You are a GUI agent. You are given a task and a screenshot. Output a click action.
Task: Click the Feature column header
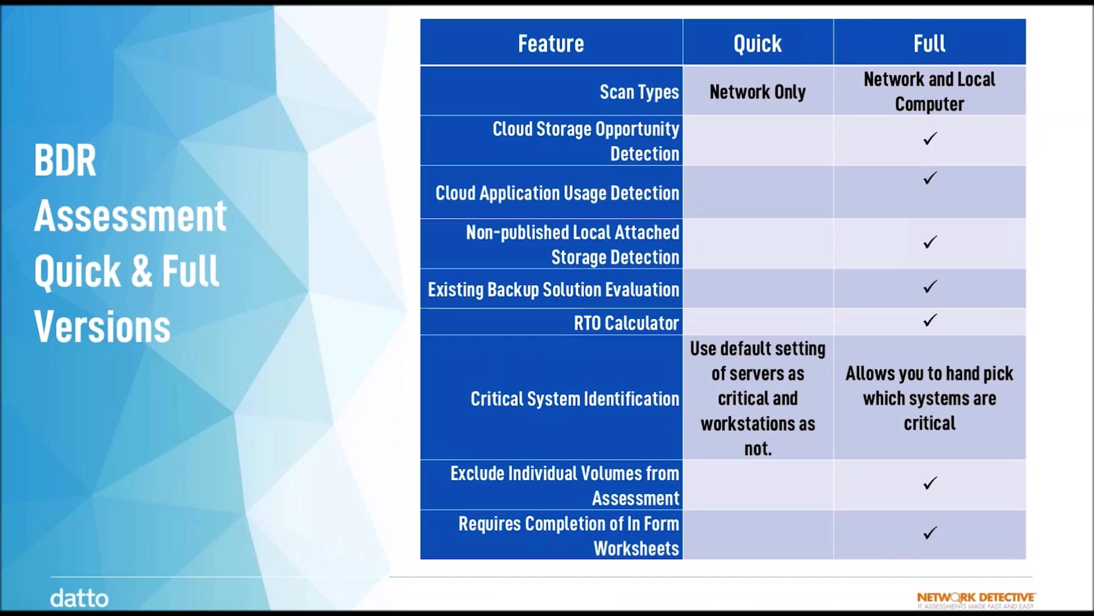pos(550,43)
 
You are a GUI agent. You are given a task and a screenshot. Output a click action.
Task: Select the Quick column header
pos(757,43)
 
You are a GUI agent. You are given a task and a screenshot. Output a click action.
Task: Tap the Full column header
pos(929,43)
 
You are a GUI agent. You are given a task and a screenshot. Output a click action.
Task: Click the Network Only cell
pos(757,92)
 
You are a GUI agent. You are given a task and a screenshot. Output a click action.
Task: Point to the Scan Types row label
pos(639,92)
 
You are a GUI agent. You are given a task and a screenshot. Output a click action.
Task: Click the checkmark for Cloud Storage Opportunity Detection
pos(930,139)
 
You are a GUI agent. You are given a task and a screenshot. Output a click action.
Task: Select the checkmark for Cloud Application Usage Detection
pos(930,178)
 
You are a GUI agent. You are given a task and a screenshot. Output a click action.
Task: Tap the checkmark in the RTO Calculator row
pos(930,320)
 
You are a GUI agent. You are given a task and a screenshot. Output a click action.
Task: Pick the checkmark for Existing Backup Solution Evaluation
pos(930,286)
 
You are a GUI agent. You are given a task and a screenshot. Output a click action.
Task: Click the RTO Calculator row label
pos(626,323)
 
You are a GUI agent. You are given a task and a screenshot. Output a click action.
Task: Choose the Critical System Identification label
pos(574,399)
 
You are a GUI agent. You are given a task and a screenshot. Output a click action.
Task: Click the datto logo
pos(79,598)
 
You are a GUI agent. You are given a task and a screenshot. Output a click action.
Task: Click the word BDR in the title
pos(65,160)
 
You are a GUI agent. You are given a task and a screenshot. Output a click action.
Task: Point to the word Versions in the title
pos(103,327)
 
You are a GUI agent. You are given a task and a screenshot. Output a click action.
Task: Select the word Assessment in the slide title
pos(130,216)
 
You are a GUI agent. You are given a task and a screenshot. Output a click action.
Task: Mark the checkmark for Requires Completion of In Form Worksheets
pos(930,533)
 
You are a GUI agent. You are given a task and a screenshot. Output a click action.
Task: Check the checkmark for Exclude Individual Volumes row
pos(930,483)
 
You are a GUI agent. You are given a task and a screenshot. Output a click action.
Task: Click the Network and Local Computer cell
pos(929,91)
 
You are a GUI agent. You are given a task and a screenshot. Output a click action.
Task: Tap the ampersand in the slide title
pos(142,271)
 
